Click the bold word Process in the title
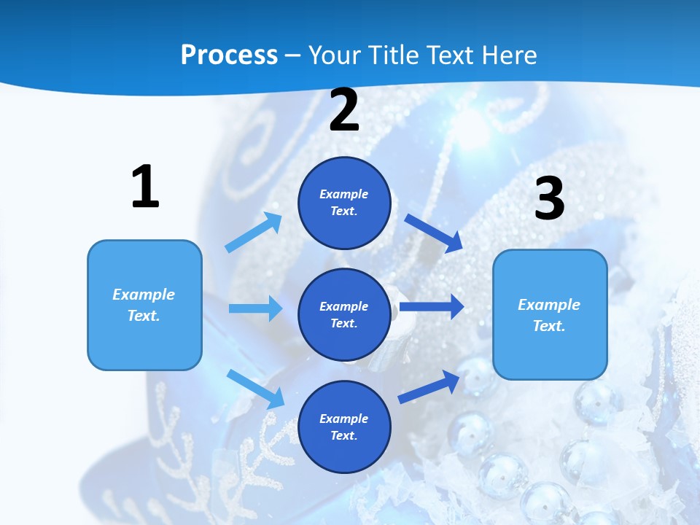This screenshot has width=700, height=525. (x=229, y=55)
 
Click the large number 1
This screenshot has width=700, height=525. (x=145, y=187)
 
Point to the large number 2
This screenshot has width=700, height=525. (x=344, y=111)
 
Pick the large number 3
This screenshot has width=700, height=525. (x=549, y=199)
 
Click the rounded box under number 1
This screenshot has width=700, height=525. (x=144, y=305)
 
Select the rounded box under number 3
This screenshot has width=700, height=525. (x=550, y=315)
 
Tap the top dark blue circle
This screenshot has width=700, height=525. (x=344, y=203)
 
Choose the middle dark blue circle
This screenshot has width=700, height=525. (x=344, y=315)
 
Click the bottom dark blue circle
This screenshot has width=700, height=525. (x=344, y=427)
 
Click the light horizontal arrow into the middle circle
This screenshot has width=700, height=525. (x=255, y=308)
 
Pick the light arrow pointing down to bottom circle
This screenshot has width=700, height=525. (x=255, y=389)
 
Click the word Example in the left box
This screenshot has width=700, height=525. (x=144, y=295)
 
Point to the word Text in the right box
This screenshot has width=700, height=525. (x=548, y=326)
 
